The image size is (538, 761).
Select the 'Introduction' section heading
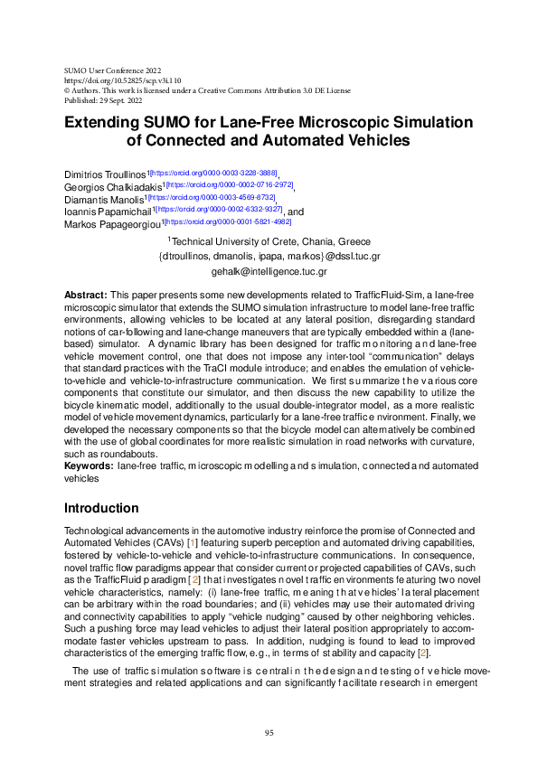coord(101,508)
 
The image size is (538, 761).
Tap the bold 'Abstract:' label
coord(85,296)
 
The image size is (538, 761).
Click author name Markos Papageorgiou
coord(114,224)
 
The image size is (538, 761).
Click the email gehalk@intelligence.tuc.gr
coord(269,271)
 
